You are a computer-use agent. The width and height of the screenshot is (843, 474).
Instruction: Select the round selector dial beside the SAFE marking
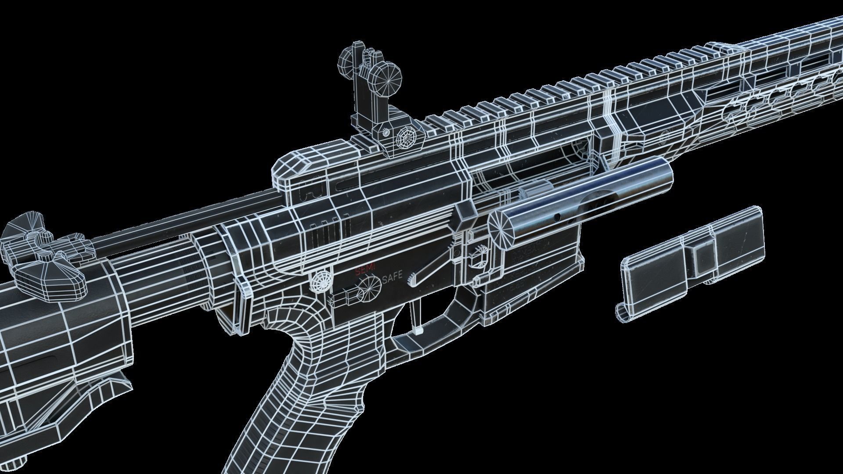pyautogui.click(x=369, y=287)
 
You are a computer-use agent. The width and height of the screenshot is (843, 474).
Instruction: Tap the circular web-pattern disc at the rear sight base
pyautogui.click(x=406, y=140)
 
